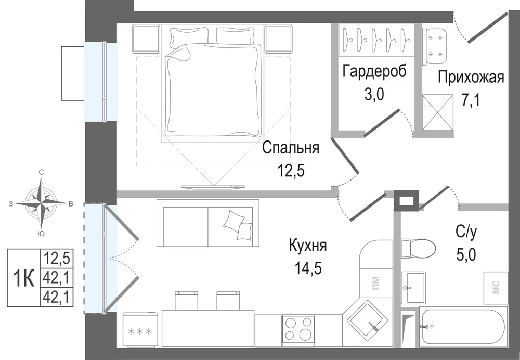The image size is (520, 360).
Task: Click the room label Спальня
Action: tap(291, 148)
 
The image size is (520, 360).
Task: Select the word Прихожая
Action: tap(471, 77)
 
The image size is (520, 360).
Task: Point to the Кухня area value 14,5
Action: tap(308, 268)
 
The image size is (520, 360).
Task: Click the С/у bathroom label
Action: tap(466, 232)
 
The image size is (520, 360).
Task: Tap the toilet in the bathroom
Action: tap(418, 249)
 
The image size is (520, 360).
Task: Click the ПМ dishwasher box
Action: tap(376, 283)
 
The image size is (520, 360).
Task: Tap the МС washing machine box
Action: tap(496, 288)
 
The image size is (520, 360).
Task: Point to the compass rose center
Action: tap(41, 203)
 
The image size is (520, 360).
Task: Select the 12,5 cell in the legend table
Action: tap(56, 258)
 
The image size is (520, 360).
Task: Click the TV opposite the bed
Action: tap(213, 187)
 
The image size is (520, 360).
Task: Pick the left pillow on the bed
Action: tap(189, 36)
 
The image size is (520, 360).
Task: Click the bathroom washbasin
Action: tap(413, 287)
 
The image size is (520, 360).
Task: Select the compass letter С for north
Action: tap(41, 172)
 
